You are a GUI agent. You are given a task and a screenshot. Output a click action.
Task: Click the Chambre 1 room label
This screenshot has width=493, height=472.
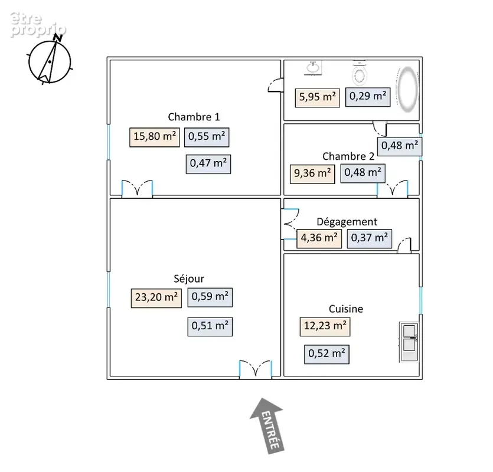coord(194,117)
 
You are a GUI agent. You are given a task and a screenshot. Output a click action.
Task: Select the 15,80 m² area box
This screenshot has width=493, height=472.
coord(155,137)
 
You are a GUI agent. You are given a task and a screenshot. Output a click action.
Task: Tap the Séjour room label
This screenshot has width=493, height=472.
coord(189,278)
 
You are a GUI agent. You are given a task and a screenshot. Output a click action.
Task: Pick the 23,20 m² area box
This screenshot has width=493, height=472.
coord(156,297)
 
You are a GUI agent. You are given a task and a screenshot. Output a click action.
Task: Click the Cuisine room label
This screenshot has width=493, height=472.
coord(346,309)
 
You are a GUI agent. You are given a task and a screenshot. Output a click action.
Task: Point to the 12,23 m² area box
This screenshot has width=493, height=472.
coord(325,326)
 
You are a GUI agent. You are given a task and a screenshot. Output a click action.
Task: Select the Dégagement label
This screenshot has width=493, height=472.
coord(347,222)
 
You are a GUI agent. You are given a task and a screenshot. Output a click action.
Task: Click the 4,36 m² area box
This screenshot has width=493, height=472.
coord(319,238)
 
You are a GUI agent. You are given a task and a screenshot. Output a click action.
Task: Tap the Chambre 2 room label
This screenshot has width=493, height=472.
coord(348,156)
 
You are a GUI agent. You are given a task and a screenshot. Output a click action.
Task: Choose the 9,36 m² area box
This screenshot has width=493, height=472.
coord(312,174)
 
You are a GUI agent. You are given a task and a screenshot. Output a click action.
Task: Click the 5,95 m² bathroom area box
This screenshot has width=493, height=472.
coord(317,98)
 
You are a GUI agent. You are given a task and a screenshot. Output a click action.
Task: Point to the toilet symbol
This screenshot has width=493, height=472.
coord(360,73)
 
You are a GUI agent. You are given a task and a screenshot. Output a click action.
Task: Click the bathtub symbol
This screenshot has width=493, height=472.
coord(408,90)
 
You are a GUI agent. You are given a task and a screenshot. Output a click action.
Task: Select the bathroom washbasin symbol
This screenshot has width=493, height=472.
coord(313,68)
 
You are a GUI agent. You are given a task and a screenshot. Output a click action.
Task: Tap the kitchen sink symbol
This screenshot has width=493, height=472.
coord(409,342)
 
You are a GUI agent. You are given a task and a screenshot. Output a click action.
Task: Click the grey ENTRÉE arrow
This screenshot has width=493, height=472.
coord(268,425)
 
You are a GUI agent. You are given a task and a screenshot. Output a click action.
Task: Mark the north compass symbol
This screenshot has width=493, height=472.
coord(50,61)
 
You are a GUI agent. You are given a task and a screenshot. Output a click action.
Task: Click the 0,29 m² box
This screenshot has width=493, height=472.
coord(368,97)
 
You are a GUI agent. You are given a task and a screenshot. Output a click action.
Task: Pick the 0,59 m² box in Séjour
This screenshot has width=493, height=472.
coord(210,297)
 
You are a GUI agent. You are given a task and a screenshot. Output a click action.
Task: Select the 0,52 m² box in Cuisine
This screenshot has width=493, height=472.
coord(327,355)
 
